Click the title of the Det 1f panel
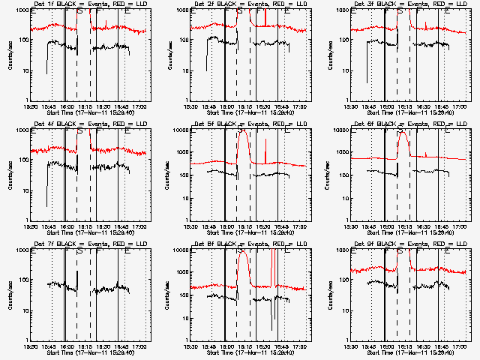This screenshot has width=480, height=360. click(82, 4)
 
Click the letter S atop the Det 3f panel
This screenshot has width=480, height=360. click(399, 12)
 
